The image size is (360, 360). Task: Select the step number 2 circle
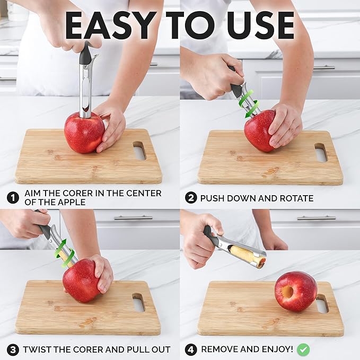191,198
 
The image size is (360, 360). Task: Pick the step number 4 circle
191,349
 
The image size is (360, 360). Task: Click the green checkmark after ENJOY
303,349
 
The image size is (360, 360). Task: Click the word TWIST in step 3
39,350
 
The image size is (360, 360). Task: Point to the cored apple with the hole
295,291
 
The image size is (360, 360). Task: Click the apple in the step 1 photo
84,132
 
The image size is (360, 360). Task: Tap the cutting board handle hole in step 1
139,151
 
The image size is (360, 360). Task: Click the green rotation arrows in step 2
248,102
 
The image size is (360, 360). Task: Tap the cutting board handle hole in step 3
138,302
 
